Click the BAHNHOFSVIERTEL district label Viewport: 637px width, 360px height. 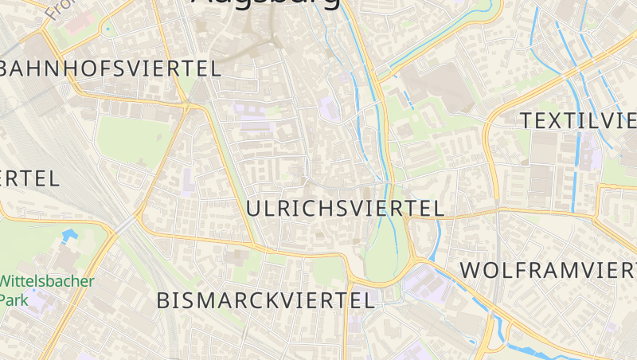pos(111,68)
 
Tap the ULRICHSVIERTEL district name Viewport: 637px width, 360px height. pos(345,209)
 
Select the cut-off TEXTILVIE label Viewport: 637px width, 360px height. pos(578,121)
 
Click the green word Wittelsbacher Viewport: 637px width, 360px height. pos(48,281)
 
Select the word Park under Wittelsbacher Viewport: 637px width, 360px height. pos(13,299)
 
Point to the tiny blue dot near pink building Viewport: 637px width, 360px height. pos(107,30)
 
